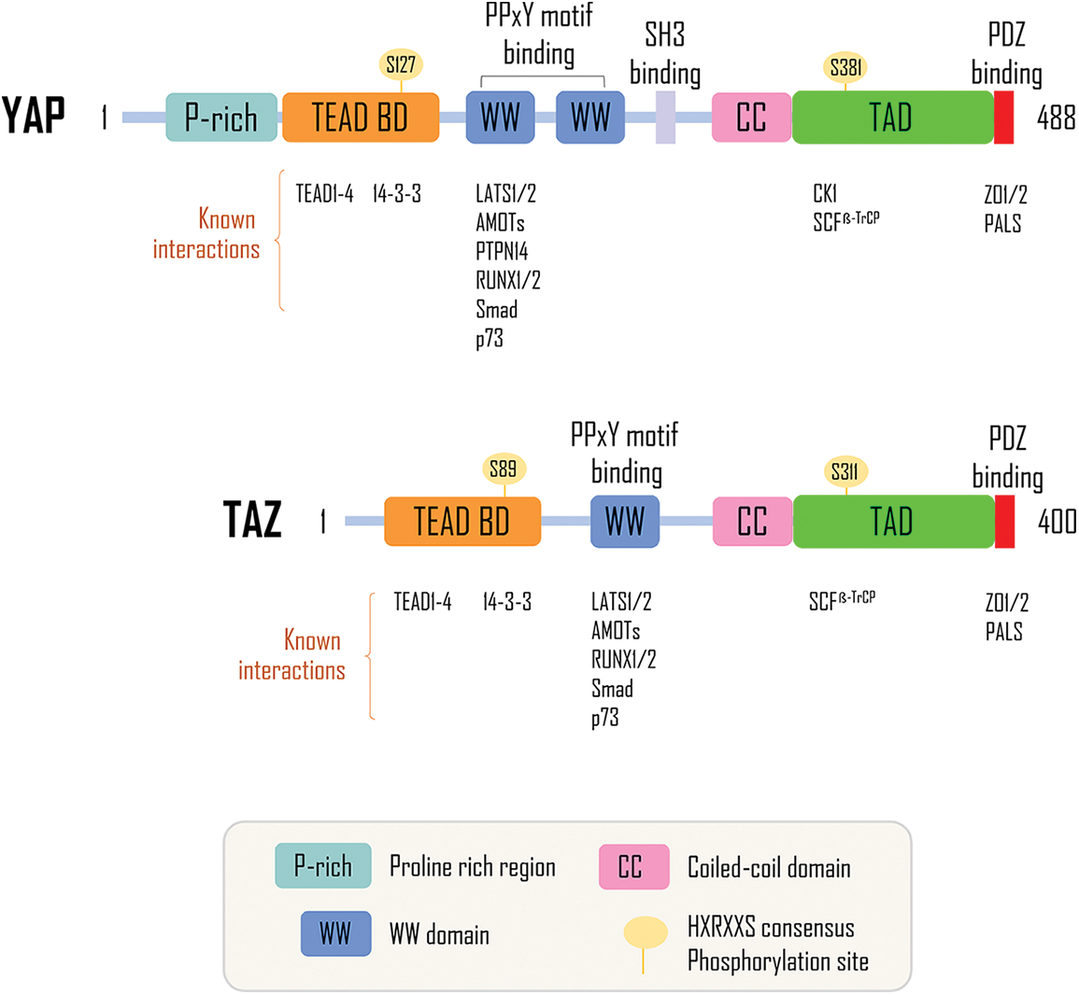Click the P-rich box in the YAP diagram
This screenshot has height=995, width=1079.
(221, 118)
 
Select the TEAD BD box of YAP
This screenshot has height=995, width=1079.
(361, 118)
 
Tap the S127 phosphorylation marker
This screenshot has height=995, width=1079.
(401, 64)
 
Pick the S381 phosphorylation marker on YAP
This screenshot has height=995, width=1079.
(846, 67)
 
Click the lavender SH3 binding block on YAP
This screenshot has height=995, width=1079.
(665, 118)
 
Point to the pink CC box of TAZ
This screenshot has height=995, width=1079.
(752, 522)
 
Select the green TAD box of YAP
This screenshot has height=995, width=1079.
(892, 118)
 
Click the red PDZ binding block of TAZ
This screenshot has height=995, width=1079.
(1005, 522)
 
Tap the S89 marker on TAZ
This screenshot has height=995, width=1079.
(504, 469)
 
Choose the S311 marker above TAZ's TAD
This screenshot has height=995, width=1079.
(845, 471)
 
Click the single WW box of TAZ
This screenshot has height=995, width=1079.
(625, 522)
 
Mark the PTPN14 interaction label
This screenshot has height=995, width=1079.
(502, 252)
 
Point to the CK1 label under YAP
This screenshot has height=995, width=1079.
(825, 194)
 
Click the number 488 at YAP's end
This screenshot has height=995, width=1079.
(1056, 119)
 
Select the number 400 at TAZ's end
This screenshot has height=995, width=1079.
(1057, 522)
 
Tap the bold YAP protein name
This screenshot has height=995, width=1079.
(34, 116)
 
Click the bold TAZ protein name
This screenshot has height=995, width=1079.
(252, 520)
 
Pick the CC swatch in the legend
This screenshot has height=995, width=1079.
(633, 867)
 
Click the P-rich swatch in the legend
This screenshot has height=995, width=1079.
(323, 866)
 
